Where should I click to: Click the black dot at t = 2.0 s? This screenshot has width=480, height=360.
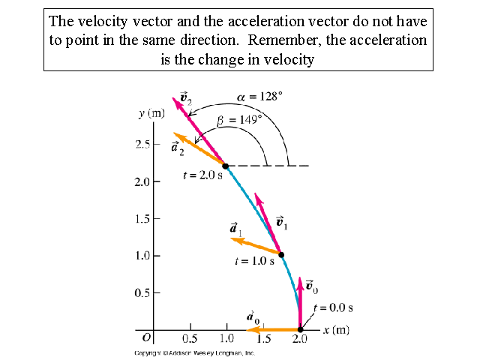click(x=225, y=166)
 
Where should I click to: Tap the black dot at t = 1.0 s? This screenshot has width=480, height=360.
click(x=281, y=255)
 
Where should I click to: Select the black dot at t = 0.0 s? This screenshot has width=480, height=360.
click(x=300, y=329)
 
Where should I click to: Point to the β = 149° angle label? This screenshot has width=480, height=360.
click(x=239, y=119)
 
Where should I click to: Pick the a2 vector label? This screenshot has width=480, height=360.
click(x=177, y=147)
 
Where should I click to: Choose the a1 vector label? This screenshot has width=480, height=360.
click(x=235, y=229)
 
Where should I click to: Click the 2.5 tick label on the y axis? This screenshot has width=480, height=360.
click(x=142, y=144)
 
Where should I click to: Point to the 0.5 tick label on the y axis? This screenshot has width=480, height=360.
click(x=142, y=292)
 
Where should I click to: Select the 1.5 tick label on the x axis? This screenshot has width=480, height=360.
click(x=263, y=340)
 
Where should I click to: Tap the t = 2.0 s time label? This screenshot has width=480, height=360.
click(x=202, y=175)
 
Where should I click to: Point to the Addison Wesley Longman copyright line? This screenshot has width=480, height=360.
click(x=194, y=352)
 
